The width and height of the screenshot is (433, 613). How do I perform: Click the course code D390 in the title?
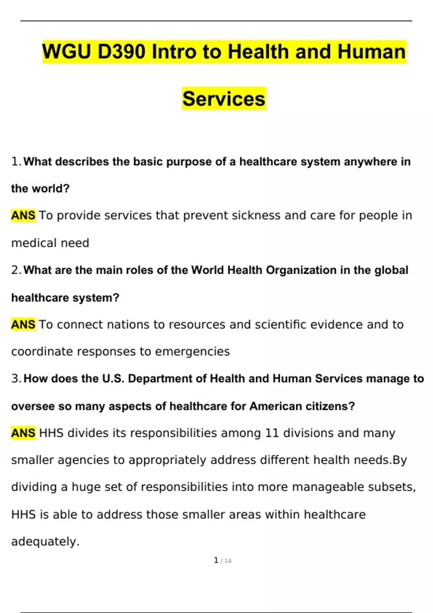pos(122,52)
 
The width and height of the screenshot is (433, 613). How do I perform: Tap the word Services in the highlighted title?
pos(224,99)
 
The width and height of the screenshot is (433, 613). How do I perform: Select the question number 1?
pos(16,162)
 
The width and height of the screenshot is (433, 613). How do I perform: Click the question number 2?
pos(16,270)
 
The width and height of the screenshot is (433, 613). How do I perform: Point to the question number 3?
pos(16,379)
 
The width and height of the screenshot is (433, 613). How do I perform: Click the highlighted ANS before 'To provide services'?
pos(23,216)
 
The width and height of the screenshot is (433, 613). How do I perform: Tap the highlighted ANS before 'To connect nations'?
pos(23,325)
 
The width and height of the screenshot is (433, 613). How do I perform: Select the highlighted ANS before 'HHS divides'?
pos(23,433)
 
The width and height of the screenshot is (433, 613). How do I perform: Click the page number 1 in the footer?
pos(216,560)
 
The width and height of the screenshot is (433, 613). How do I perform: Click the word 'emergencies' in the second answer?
pos(192,352)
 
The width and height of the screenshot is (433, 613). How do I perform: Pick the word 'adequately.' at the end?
pos(45,542)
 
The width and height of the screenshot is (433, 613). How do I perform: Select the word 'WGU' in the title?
pos(67,52)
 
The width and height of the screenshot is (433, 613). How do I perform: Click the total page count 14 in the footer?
pos(228,561)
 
